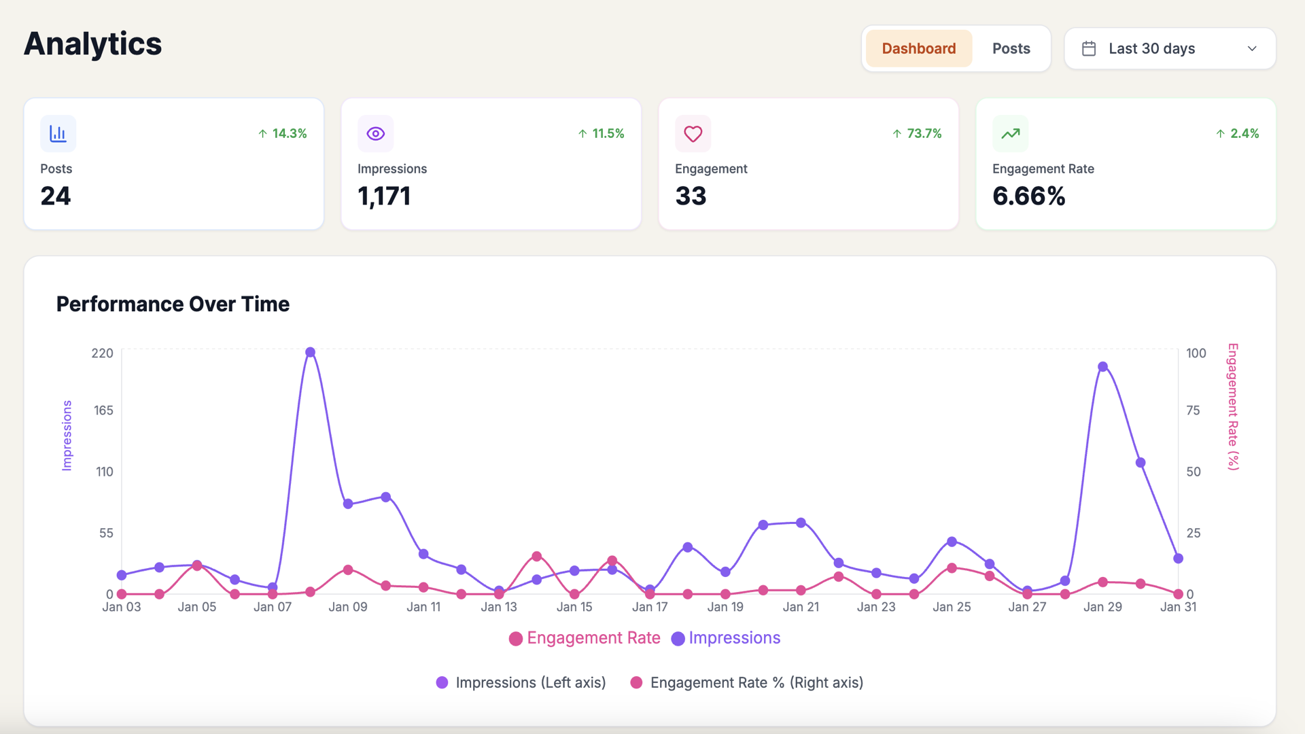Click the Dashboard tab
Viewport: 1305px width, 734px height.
coord(919,48)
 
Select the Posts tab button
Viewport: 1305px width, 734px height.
coord(1011,48)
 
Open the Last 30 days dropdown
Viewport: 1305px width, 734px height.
coord(1170,48)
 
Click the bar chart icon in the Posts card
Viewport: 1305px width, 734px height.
coord(58,134)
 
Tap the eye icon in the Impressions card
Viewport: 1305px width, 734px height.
coord(376,134)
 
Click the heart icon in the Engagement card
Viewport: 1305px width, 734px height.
coord(693,134)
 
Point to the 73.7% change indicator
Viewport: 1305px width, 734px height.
coord(917,134)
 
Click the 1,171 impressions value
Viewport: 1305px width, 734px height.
coord(384,196)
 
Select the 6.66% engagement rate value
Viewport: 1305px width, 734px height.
coord(1029,196)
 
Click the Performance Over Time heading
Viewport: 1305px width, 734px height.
coord(173,304)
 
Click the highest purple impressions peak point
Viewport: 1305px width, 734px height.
coord(310,352)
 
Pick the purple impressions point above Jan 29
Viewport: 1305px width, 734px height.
coord(1102,366)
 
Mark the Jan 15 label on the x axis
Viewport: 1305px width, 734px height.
coord(574,607)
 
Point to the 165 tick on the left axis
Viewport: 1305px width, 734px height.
coord(103,410)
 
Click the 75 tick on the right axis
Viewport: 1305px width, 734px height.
coord(1193,410)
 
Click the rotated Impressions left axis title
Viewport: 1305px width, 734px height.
coord(67,435)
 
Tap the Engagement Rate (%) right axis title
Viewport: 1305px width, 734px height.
coord(1233,406)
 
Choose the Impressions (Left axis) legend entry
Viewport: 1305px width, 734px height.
coord(521,682)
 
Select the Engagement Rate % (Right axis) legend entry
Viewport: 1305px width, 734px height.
coord(747,682)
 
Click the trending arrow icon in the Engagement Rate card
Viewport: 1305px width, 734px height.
coord(1011,134)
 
